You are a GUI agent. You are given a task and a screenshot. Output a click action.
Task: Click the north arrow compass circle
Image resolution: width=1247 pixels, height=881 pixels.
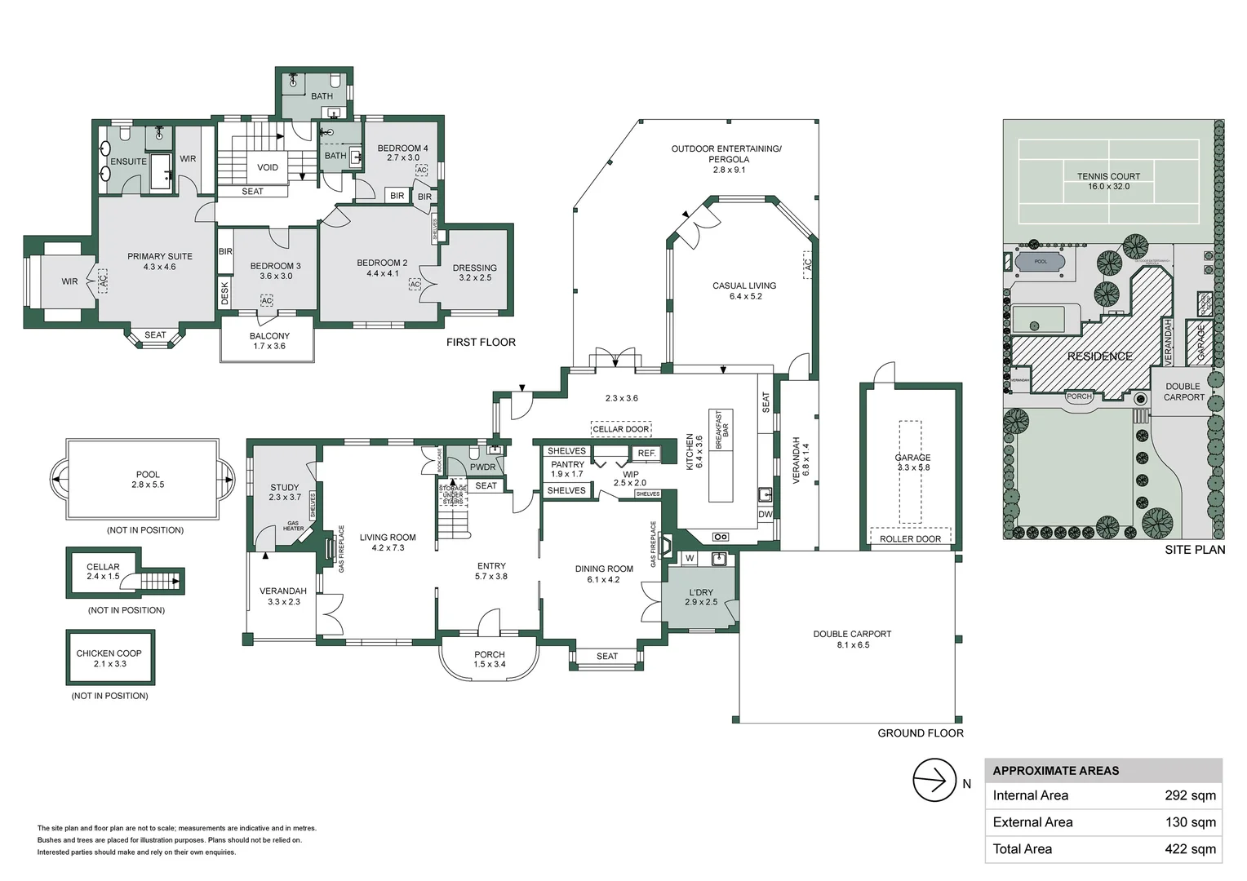934,781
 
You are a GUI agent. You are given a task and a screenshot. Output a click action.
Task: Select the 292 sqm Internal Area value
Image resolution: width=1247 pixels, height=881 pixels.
1190,795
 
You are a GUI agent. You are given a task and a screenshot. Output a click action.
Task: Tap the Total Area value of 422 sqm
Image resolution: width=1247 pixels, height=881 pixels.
1190,849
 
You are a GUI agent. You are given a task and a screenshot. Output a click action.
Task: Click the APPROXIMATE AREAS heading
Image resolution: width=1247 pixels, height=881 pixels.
1055,771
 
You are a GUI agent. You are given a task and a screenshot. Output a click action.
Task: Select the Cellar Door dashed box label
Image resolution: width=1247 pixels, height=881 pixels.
621,429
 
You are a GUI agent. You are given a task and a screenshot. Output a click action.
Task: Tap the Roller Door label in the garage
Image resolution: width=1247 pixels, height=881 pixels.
910,539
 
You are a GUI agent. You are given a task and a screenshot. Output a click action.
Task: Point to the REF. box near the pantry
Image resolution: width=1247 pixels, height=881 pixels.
647,454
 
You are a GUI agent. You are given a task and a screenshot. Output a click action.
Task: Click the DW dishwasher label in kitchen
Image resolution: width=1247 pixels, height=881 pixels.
765,515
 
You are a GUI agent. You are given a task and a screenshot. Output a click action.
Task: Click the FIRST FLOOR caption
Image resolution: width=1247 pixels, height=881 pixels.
481,343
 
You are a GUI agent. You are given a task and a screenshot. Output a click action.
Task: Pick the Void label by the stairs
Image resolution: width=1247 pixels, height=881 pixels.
268,167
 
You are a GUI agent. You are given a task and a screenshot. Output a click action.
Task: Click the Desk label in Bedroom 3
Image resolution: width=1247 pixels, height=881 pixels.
225,293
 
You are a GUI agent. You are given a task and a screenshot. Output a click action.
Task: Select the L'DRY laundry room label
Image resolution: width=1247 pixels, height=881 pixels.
701,593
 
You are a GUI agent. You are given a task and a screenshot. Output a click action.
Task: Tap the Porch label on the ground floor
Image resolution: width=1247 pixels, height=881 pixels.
489,655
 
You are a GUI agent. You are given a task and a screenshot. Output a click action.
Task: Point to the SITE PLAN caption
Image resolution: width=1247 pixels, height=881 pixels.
1194,550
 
